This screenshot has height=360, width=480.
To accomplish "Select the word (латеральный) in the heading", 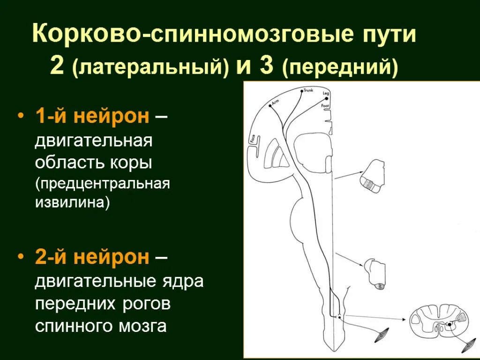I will pos(150,68).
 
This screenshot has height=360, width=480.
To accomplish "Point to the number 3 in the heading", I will pos(266,67).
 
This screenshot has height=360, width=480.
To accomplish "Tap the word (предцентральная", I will pos(102,183).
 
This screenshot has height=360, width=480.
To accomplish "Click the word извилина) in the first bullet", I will pos(72,203).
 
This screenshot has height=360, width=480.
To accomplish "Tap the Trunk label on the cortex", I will pos(308,90).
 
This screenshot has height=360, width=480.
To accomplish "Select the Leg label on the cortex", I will pos(326,94).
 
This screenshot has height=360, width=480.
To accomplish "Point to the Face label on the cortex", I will pos(253,139).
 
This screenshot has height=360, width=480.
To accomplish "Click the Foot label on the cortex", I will pos(325,105).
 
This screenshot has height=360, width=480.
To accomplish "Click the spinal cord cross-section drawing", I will pos(438,321).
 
